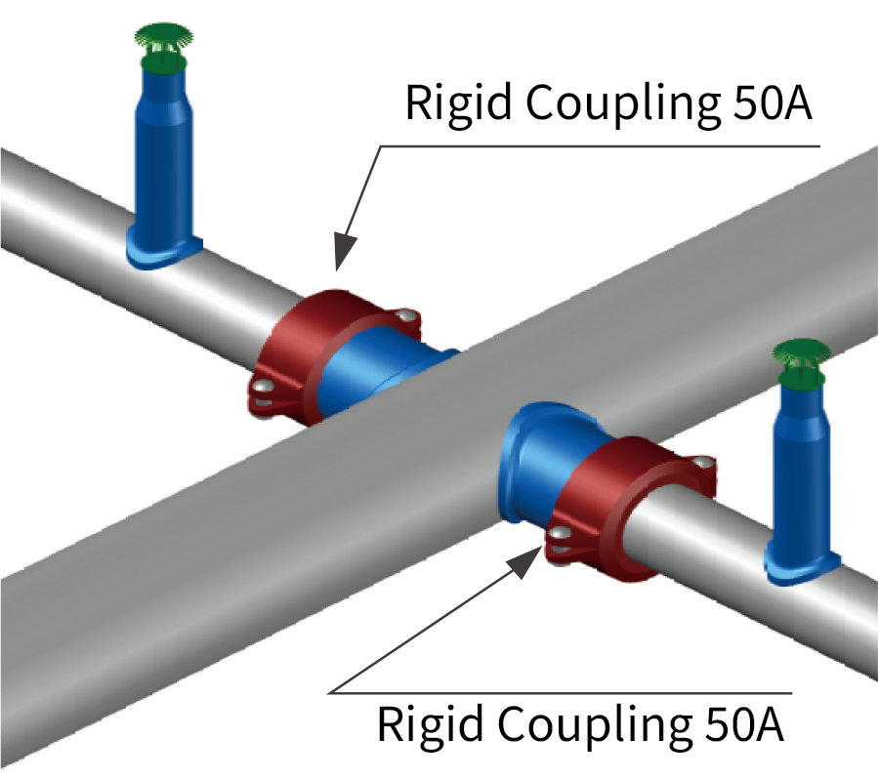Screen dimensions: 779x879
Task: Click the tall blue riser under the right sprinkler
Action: click(801, 469)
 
